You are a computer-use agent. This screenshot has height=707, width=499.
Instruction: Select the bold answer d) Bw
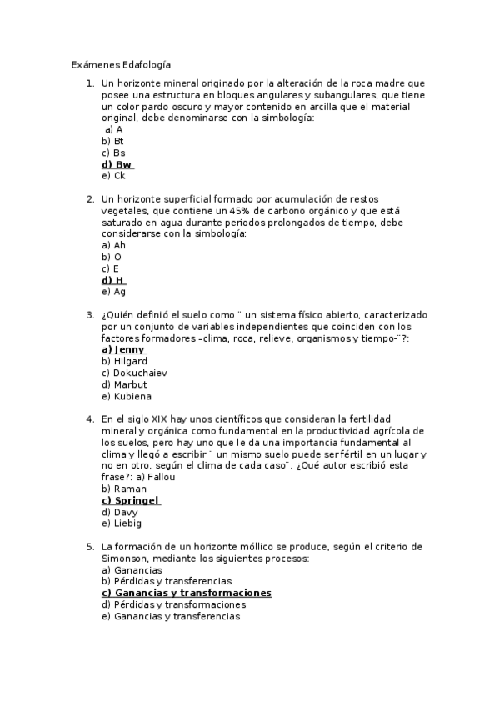[117, 165]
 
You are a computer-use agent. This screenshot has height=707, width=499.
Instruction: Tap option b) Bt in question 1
[112, 142]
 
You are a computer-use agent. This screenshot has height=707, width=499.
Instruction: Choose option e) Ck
[113, 176]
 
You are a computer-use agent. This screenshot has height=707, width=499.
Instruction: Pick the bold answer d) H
[114, 280]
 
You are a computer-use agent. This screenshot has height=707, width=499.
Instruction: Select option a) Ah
[113, 246]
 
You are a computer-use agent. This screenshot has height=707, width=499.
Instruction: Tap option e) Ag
[113, 292]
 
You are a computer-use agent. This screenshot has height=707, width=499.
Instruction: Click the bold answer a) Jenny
[123, 350]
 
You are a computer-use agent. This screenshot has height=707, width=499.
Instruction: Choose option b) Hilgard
[124, 362]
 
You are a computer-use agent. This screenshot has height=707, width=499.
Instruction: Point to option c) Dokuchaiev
[133, 373]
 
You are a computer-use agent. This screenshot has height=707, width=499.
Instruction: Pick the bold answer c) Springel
[130, 500]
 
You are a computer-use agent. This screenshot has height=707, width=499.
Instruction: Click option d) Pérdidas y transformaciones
[173, 604]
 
